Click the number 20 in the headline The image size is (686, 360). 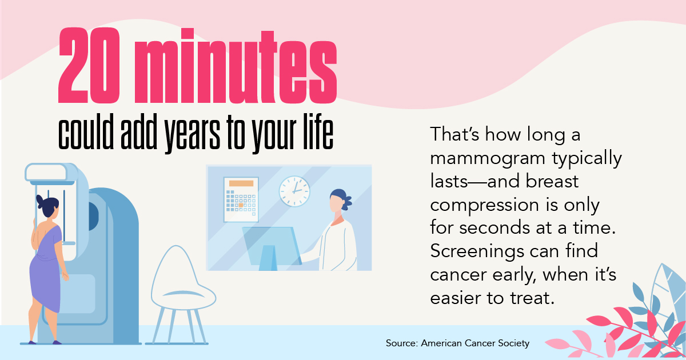89,66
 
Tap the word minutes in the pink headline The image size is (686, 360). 235,66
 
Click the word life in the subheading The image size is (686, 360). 318,131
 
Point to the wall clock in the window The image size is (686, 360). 294,191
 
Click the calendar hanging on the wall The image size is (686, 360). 241,199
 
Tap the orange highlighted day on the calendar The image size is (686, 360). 241,205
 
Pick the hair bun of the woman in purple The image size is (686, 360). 39,201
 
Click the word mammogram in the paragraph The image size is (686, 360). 488,159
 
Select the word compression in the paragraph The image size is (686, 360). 484,206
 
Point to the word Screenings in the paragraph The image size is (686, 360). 477,251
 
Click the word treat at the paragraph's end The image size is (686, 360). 532,298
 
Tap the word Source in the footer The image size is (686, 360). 402,343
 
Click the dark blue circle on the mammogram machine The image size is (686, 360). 93,216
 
